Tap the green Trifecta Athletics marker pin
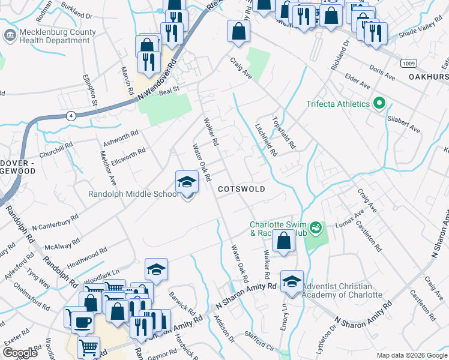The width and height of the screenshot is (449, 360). point(378,104)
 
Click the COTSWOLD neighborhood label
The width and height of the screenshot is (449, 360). point(241,188)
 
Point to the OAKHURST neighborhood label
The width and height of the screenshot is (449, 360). point(429,77)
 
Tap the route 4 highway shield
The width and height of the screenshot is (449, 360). point(71,116)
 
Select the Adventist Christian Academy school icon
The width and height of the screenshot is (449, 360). point(292,281)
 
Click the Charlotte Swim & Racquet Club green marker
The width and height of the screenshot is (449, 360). point(316,228)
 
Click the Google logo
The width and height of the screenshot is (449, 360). point(20,353)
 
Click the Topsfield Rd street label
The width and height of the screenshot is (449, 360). point(285,133)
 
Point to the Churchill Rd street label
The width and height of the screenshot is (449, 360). point(56,145)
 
